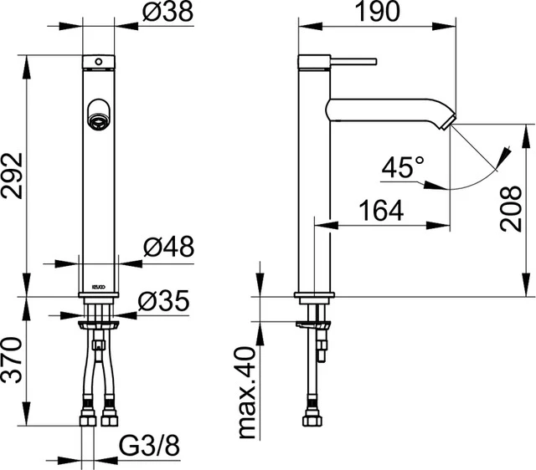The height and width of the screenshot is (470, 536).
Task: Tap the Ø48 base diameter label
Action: click(167, 247)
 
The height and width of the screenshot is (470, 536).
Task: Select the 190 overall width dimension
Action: click(374, 13)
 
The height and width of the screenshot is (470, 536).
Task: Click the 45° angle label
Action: click(401, 167)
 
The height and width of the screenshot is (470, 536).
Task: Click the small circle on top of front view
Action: click(100, 62)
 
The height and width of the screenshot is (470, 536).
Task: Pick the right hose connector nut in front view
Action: click(109, 412)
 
